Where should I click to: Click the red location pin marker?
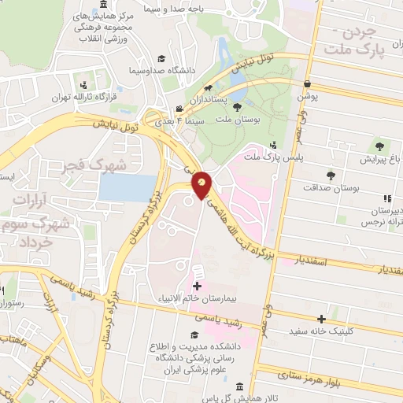coord(201,185)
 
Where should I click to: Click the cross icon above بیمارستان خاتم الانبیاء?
coord(197,287)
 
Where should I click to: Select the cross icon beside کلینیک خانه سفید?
coord(321,320)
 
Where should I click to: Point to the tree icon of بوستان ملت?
coord(237,117)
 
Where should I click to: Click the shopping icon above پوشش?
coord(306,83)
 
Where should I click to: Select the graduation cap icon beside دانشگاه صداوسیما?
coord(161,59)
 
